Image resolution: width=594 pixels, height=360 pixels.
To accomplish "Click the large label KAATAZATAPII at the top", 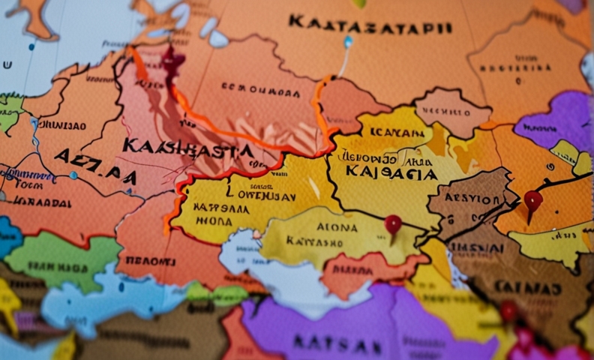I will click(x=370, y=25).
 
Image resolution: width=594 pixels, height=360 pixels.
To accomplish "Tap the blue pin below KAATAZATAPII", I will click(x=347, y=42).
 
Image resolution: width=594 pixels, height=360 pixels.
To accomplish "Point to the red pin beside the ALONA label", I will click(x=393, y=224).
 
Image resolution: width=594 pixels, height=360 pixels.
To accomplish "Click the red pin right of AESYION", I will click(x=532, y=201).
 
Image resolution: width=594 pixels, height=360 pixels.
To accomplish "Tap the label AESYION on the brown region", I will click(x=473, y=199).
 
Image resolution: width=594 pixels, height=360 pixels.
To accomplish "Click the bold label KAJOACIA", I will click(x=391, y=173).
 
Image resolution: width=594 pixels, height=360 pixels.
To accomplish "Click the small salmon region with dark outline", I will click(x=443, y=112).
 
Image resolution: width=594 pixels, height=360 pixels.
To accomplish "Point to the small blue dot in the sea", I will click(x=73, y=175).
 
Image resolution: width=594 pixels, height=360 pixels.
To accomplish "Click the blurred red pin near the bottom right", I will click(x=510, y=310).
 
